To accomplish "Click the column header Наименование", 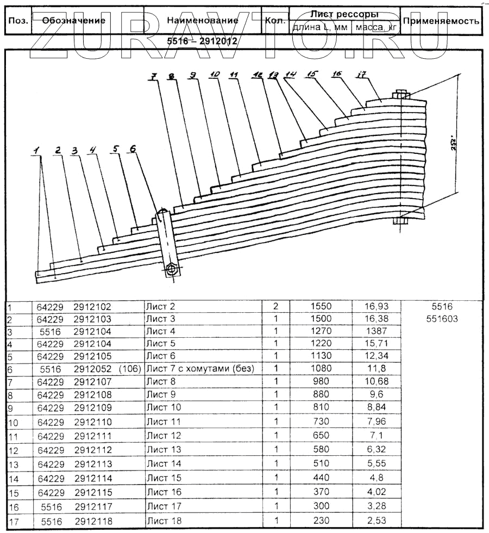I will pos(202,21).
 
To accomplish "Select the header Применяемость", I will pos(441,21).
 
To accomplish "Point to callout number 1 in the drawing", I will pos(36,151).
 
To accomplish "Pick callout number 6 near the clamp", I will pos(133,148).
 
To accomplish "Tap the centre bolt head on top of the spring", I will pos(401,94).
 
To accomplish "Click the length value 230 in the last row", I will pos(321,521).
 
